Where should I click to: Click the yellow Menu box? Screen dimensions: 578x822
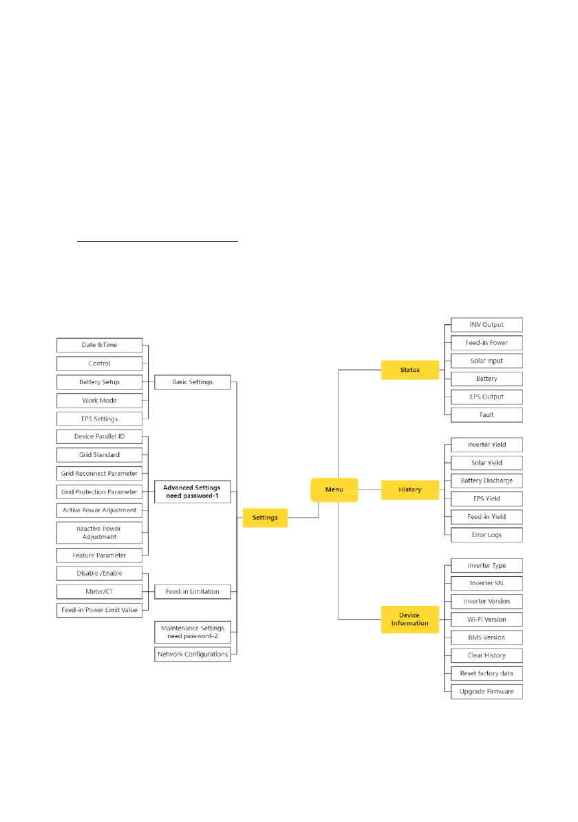click(334, 490)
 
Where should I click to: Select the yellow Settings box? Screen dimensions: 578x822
click(265, 518)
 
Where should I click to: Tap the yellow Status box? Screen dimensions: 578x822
click(410, 370)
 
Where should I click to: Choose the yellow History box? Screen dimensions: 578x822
click(410, 490)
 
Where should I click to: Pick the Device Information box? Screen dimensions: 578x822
click(410, 619)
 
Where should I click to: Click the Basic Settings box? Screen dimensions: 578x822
click(192, 381)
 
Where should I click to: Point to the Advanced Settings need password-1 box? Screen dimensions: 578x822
click(192, 492)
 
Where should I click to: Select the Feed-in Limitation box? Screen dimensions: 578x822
click(192, 591)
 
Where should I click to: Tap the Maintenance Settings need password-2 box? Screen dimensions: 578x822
click(192, 632)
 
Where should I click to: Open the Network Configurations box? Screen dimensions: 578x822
click(192, 654)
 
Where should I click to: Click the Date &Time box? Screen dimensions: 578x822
click(99, 345)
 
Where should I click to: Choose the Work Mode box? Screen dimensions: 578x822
click(99, 400)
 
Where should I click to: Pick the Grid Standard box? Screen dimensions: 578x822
click(99, 455)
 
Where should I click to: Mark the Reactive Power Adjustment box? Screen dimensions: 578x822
click(99, 532)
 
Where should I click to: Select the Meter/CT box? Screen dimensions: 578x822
click(99, 591)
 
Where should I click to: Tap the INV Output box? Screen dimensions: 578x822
click(486, 325)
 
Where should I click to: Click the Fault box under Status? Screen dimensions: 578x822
click(486, 414)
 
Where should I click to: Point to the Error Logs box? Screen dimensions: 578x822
click(486, 535)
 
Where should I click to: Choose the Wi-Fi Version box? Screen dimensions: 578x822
click(486, 620)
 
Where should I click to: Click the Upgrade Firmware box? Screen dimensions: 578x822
click(486, 691)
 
